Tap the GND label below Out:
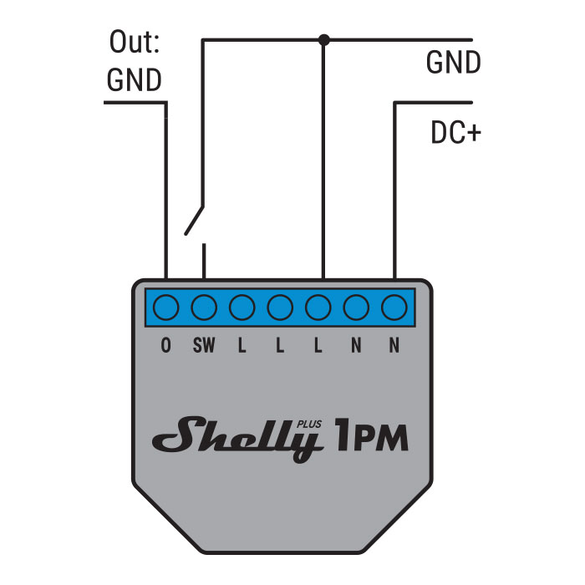coord(134,80)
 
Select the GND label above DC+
coord(453,63)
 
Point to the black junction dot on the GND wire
coord(324,38)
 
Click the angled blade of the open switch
coord(194,219)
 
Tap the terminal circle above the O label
coord(165,308)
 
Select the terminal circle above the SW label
coord(203,308)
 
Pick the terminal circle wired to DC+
coord(394,308)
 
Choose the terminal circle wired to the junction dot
coord(318,308)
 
